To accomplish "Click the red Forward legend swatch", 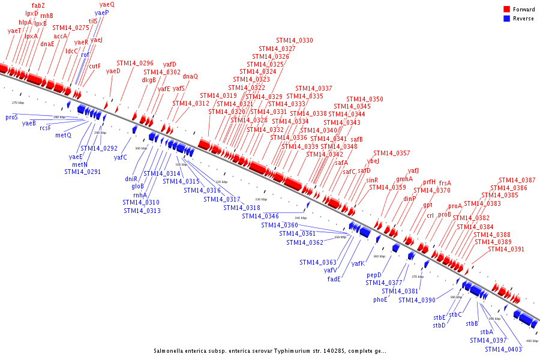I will click(507, 10).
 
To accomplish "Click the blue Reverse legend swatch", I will click(507, 19).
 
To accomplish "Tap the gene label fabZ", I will click(38, 5).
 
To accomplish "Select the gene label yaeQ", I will click(107, 4).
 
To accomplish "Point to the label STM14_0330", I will click(295, 40).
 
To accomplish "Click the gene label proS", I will click(11, 117).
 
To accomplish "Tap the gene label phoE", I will click(380, 299).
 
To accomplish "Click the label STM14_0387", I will click(517, 180).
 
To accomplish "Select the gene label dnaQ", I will click(190, 76).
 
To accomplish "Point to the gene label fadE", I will click(334, 279).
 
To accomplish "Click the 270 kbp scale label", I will click(18, 103).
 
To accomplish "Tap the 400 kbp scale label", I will click(532, 341).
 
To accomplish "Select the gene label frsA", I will click(445, 183).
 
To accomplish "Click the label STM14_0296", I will click(135, 63).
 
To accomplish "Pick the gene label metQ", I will click(64, 135).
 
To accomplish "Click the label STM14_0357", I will click(392, 153).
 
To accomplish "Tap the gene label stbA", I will click(486, 332).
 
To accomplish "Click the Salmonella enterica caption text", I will click(270, 351).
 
